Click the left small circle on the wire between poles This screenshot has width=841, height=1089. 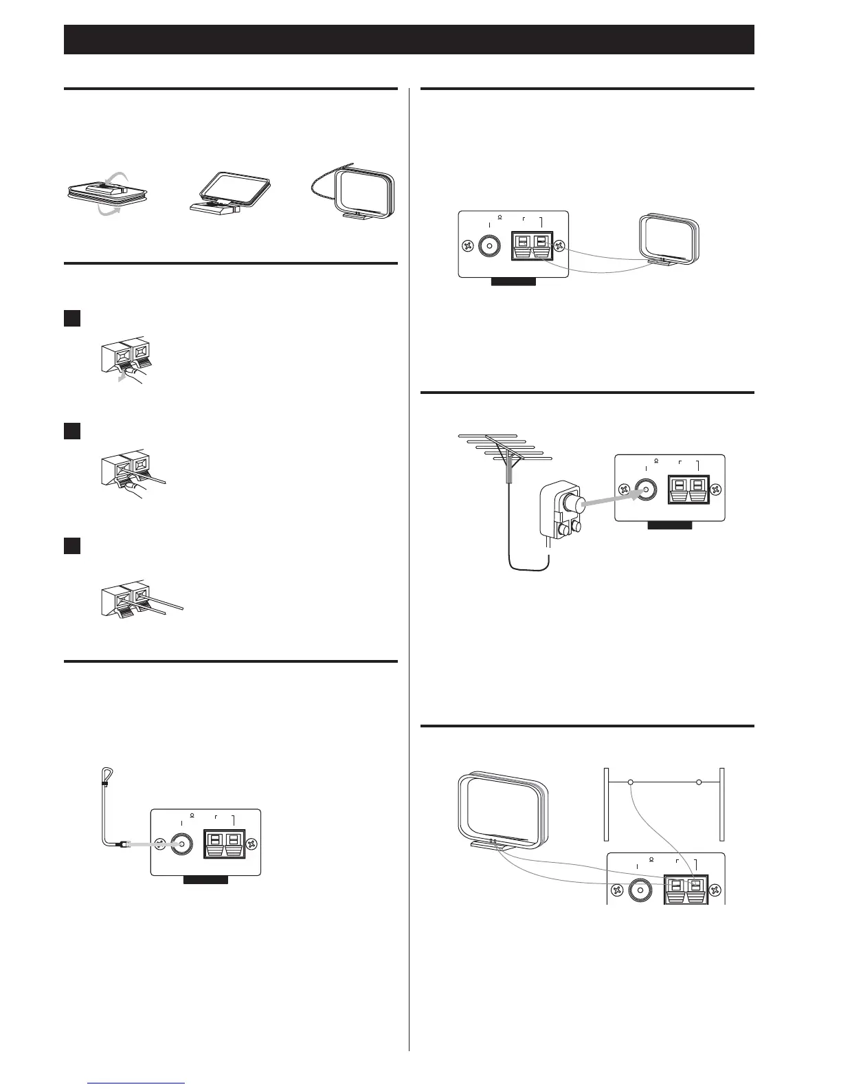click(x=631, y=782)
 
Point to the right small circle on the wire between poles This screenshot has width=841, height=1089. click(x=699, y=782)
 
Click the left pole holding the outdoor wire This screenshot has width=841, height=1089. click(x=606, y=804)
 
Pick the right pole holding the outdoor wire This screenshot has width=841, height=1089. click(x=722, y=804)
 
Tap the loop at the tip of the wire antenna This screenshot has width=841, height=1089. click(x=104, y=775)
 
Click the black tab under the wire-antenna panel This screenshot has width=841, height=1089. click(x=205, y=879)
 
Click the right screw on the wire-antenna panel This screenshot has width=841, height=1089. click(x=252, y=844)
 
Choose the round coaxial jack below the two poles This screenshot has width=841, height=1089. click(x=640, y=889)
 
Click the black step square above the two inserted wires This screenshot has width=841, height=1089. click(x=72, y=547)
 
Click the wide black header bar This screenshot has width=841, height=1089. click(x=409, y=39)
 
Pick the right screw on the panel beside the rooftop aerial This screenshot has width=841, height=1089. click(x=716, y=490)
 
